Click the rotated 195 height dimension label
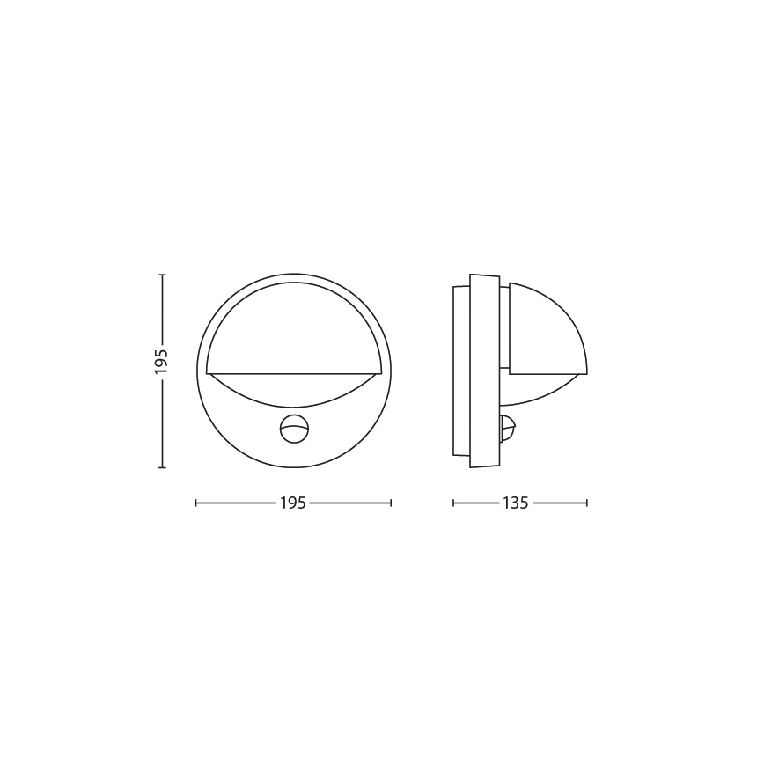point(161,361)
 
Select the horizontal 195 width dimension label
point(293,503)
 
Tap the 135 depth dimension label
point(515,503)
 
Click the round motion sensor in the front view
point(294,429)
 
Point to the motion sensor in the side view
point(506,429)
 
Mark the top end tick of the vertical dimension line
point(162,275)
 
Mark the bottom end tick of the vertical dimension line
point(162,467)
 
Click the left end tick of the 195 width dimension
point(196,503)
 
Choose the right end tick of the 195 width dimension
point(391,503)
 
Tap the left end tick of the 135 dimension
point(453,503)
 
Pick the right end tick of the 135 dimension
point(587,503)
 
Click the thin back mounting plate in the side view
point(461,371)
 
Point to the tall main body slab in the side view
point(484,371)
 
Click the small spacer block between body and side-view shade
point(504,327)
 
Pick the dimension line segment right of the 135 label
point(559,503)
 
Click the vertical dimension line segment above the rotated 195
point(162,308)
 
